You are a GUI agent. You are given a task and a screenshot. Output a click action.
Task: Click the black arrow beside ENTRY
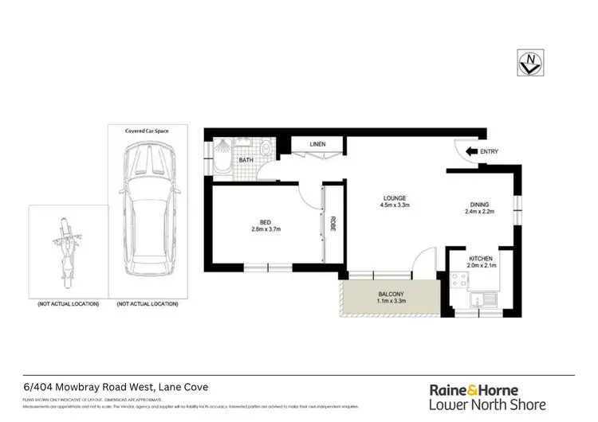[x=473, y=151]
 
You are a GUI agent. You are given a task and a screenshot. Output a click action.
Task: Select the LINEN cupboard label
[x=318, y=144]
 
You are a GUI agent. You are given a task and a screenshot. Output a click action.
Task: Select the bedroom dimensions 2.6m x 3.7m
[x=267, y=230]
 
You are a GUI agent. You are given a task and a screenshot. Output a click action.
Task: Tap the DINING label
[x=479, y=205]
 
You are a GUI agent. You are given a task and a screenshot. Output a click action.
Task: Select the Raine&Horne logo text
[x=474, y=390]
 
